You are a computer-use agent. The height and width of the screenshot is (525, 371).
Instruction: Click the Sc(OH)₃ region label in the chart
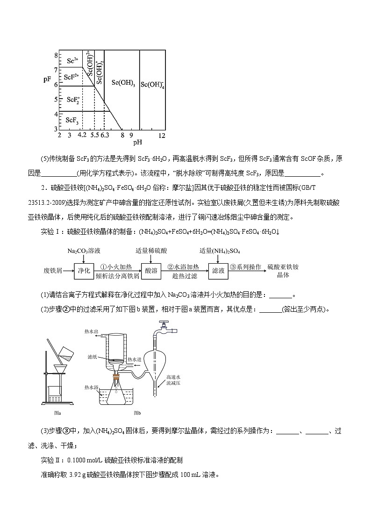123,83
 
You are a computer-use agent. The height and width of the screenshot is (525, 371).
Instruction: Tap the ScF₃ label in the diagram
72,120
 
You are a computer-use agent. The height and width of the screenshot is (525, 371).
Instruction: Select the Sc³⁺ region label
72,60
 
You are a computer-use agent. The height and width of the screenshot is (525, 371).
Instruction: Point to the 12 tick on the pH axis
162,135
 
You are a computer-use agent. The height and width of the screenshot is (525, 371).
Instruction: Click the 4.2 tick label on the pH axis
82,135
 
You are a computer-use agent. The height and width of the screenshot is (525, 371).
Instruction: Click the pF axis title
47,79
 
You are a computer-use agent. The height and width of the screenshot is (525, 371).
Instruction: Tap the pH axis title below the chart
137,144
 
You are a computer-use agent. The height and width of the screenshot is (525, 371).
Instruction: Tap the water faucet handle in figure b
163,323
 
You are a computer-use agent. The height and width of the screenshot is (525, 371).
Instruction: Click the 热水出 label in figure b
91,331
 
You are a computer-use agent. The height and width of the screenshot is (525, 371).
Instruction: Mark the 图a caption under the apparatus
58,413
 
